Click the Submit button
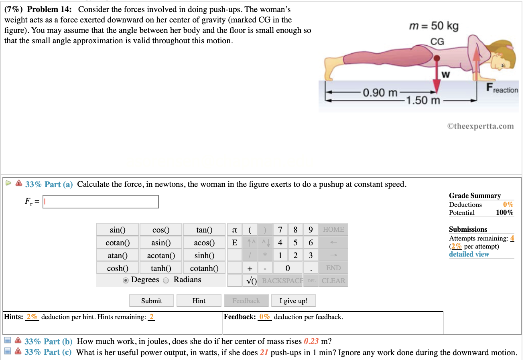pos(151,301)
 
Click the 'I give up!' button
pos(293,301)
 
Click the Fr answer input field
pos(101,202)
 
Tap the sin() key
pos(118,230)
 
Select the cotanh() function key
pos(204,268)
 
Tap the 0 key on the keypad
pos(287,268)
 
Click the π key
pos(234,230)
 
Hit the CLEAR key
pos(333,281)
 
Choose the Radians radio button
pos(166,280)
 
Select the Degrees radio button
pos(126,280)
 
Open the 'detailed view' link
pos(469,254)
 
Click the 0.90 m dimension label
pos(380,93)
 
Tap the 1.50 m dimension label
pos(423,100)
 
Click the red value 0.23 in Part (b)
pos(311,342)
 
